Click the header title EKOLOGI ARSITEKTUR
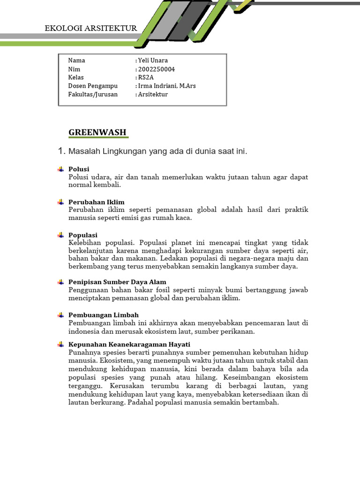pos(91,28)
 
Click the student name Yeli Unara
pos(153,60)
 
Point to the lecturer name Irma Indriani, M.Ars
pos(166,86)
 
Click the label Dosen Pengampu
pos(93,86)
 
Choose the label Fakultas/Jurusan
pos(93,94)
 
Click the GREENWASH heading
pos(97,132)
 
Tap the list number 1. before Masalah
pos(60,151)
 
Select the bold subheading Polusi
pos(79,169)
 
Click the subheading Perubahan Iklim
pos(97,202)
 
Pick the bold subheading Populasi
pos(83,235)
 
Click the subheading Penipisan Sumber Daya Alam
pos(117,282)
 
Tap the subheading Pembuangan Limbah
pos(104,315)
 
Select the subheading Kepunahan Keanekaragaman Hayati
pos(129,344)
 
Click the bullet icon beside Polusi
pos(60,169)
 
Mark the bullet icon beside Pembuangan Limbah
pos(60,315)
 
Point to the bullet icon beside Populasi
pos(60,235)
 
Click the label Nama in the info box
pos(76,60)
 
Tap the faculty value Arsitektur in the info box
pos(152,94)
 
